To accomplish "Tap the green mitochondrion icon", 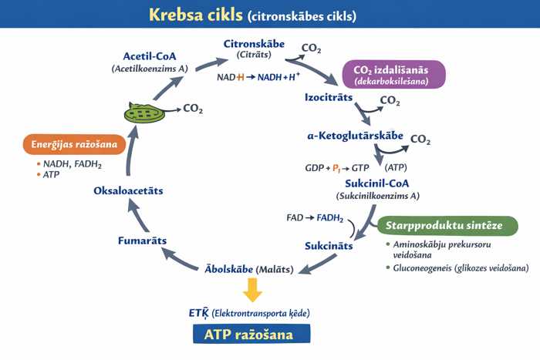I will pos(144,113).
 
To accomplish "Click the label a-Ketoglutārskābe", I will pos(355,136).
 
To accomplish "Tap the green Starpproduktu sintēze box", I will pos(429,225).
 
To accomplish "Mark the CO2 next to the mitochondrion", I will pos(193,109).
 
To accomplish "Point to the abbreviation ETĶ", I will pos(200,313).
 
